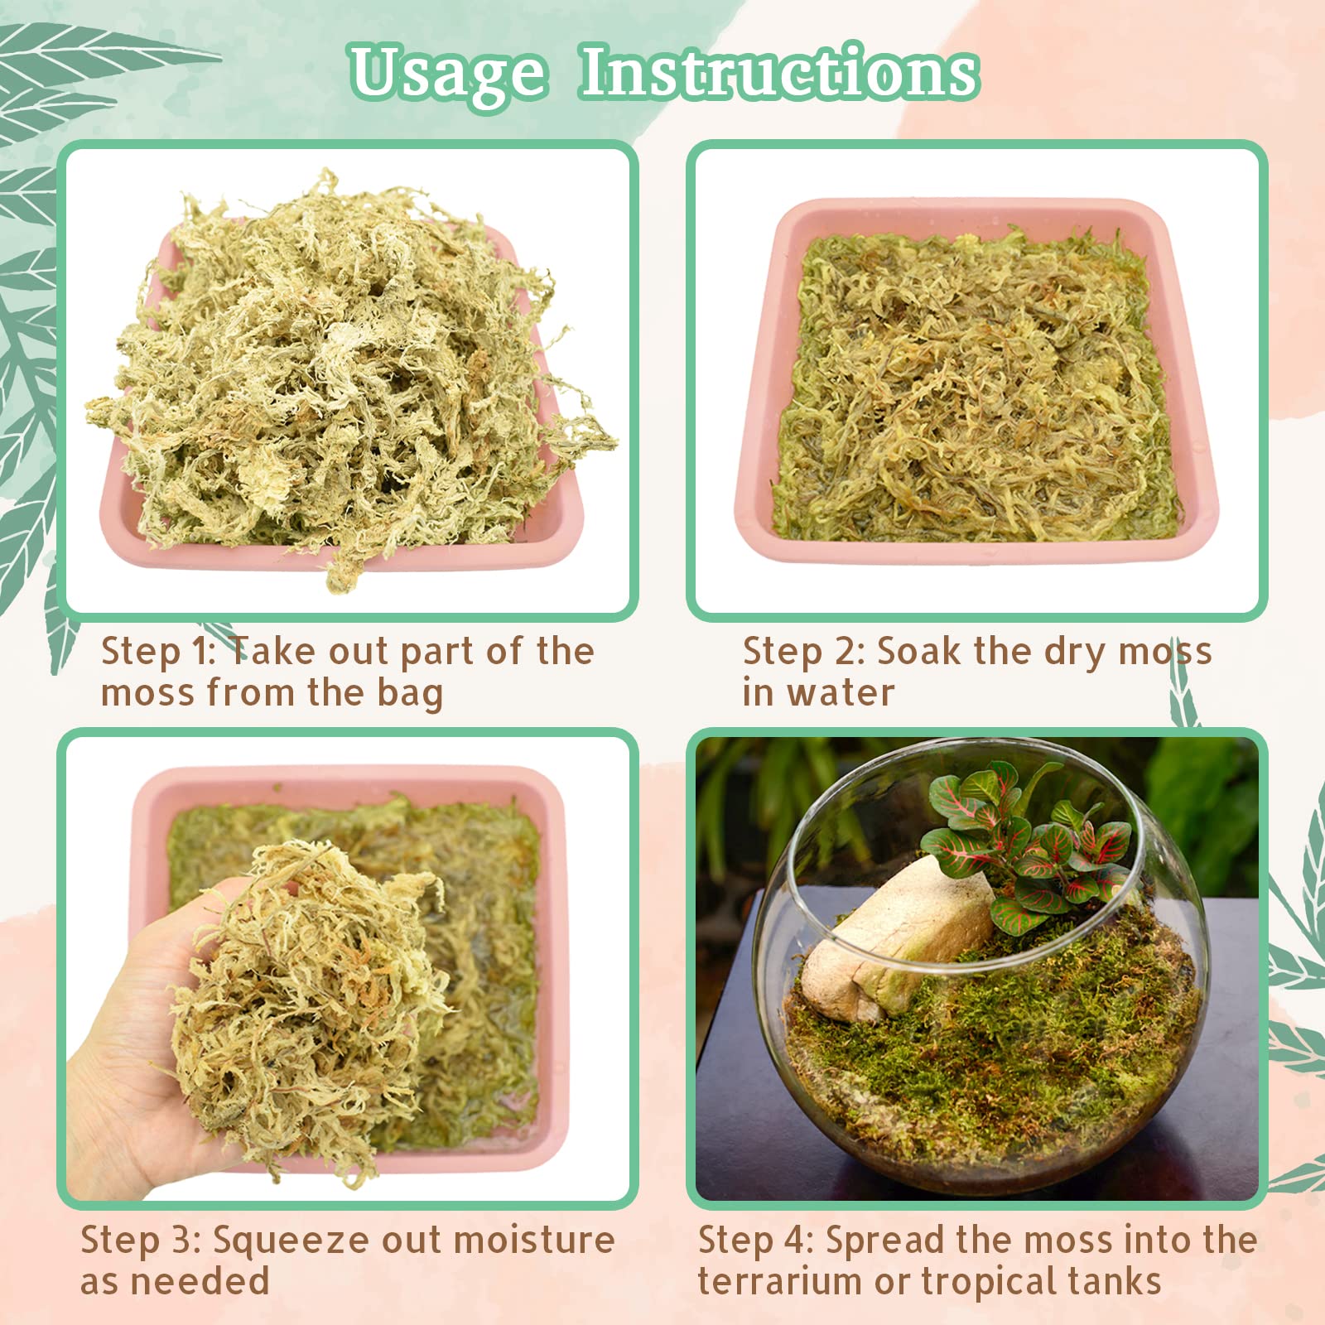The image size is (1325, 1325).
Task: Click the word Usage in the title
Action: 448,75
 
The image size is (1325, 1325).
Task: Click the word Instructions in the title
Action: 778,73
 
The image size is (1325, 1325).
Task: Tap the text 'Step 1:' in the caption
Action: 157,652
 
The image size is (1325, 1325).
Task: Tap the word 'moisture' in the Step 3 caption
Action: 534,1240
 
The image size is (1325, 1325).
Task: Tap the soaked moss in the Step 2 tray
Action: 977,389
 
